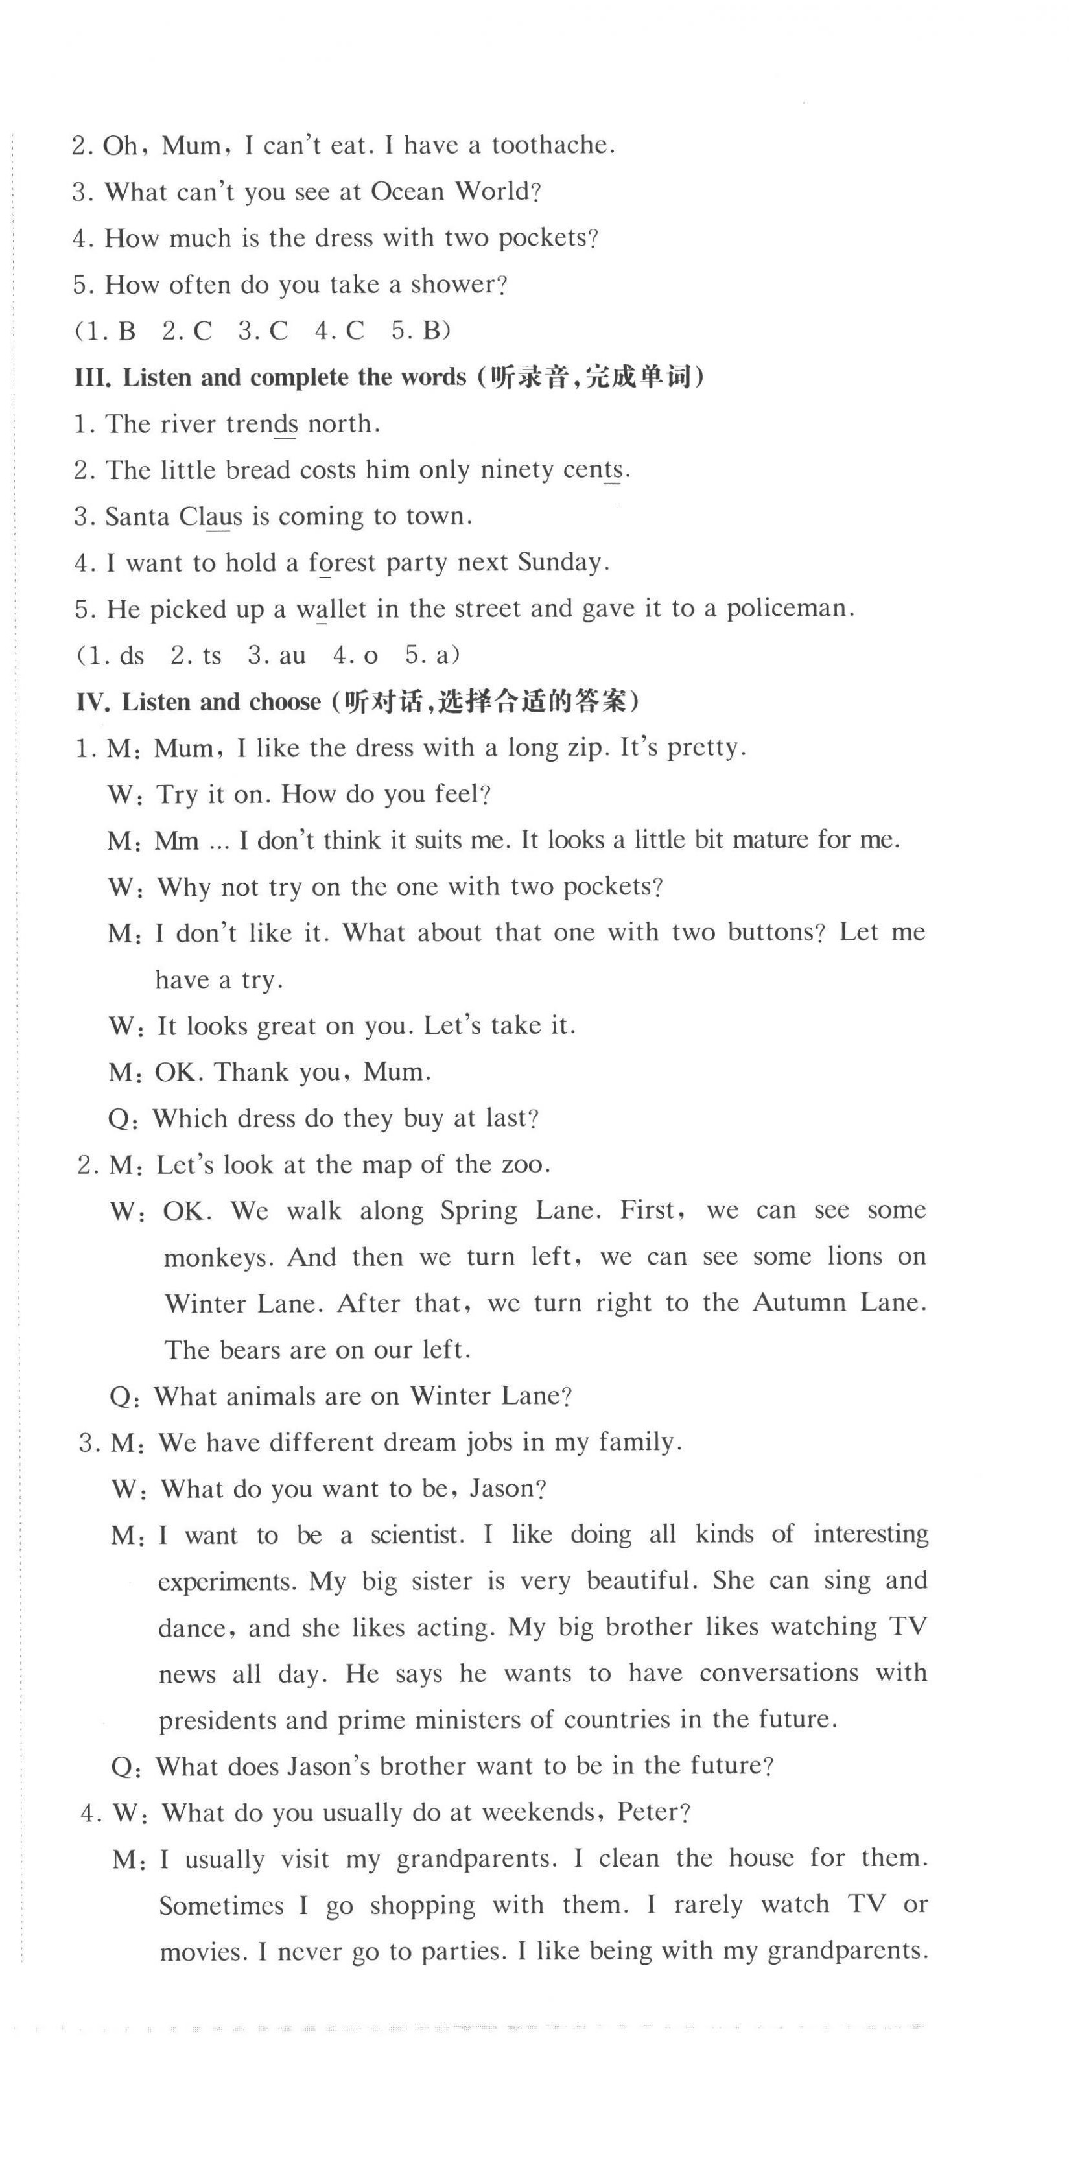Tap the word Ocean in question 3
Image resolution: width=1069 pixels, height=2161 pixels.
pyautogui.click(x=407, y=192)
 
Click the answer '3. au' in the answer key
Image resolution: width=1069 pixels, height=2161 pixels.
pyautogui.click(x=277, y=655)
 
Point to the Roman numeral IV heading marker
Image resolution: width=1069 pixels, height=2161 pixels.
pyautogui.click(x=92, y=702)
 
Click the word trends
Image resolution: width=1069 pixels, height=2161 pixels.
pyautogui.click(x=262, y=425)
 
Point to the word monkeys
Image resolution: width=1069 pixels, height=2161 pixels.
pyautogui.click(x=216, y=1257)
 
